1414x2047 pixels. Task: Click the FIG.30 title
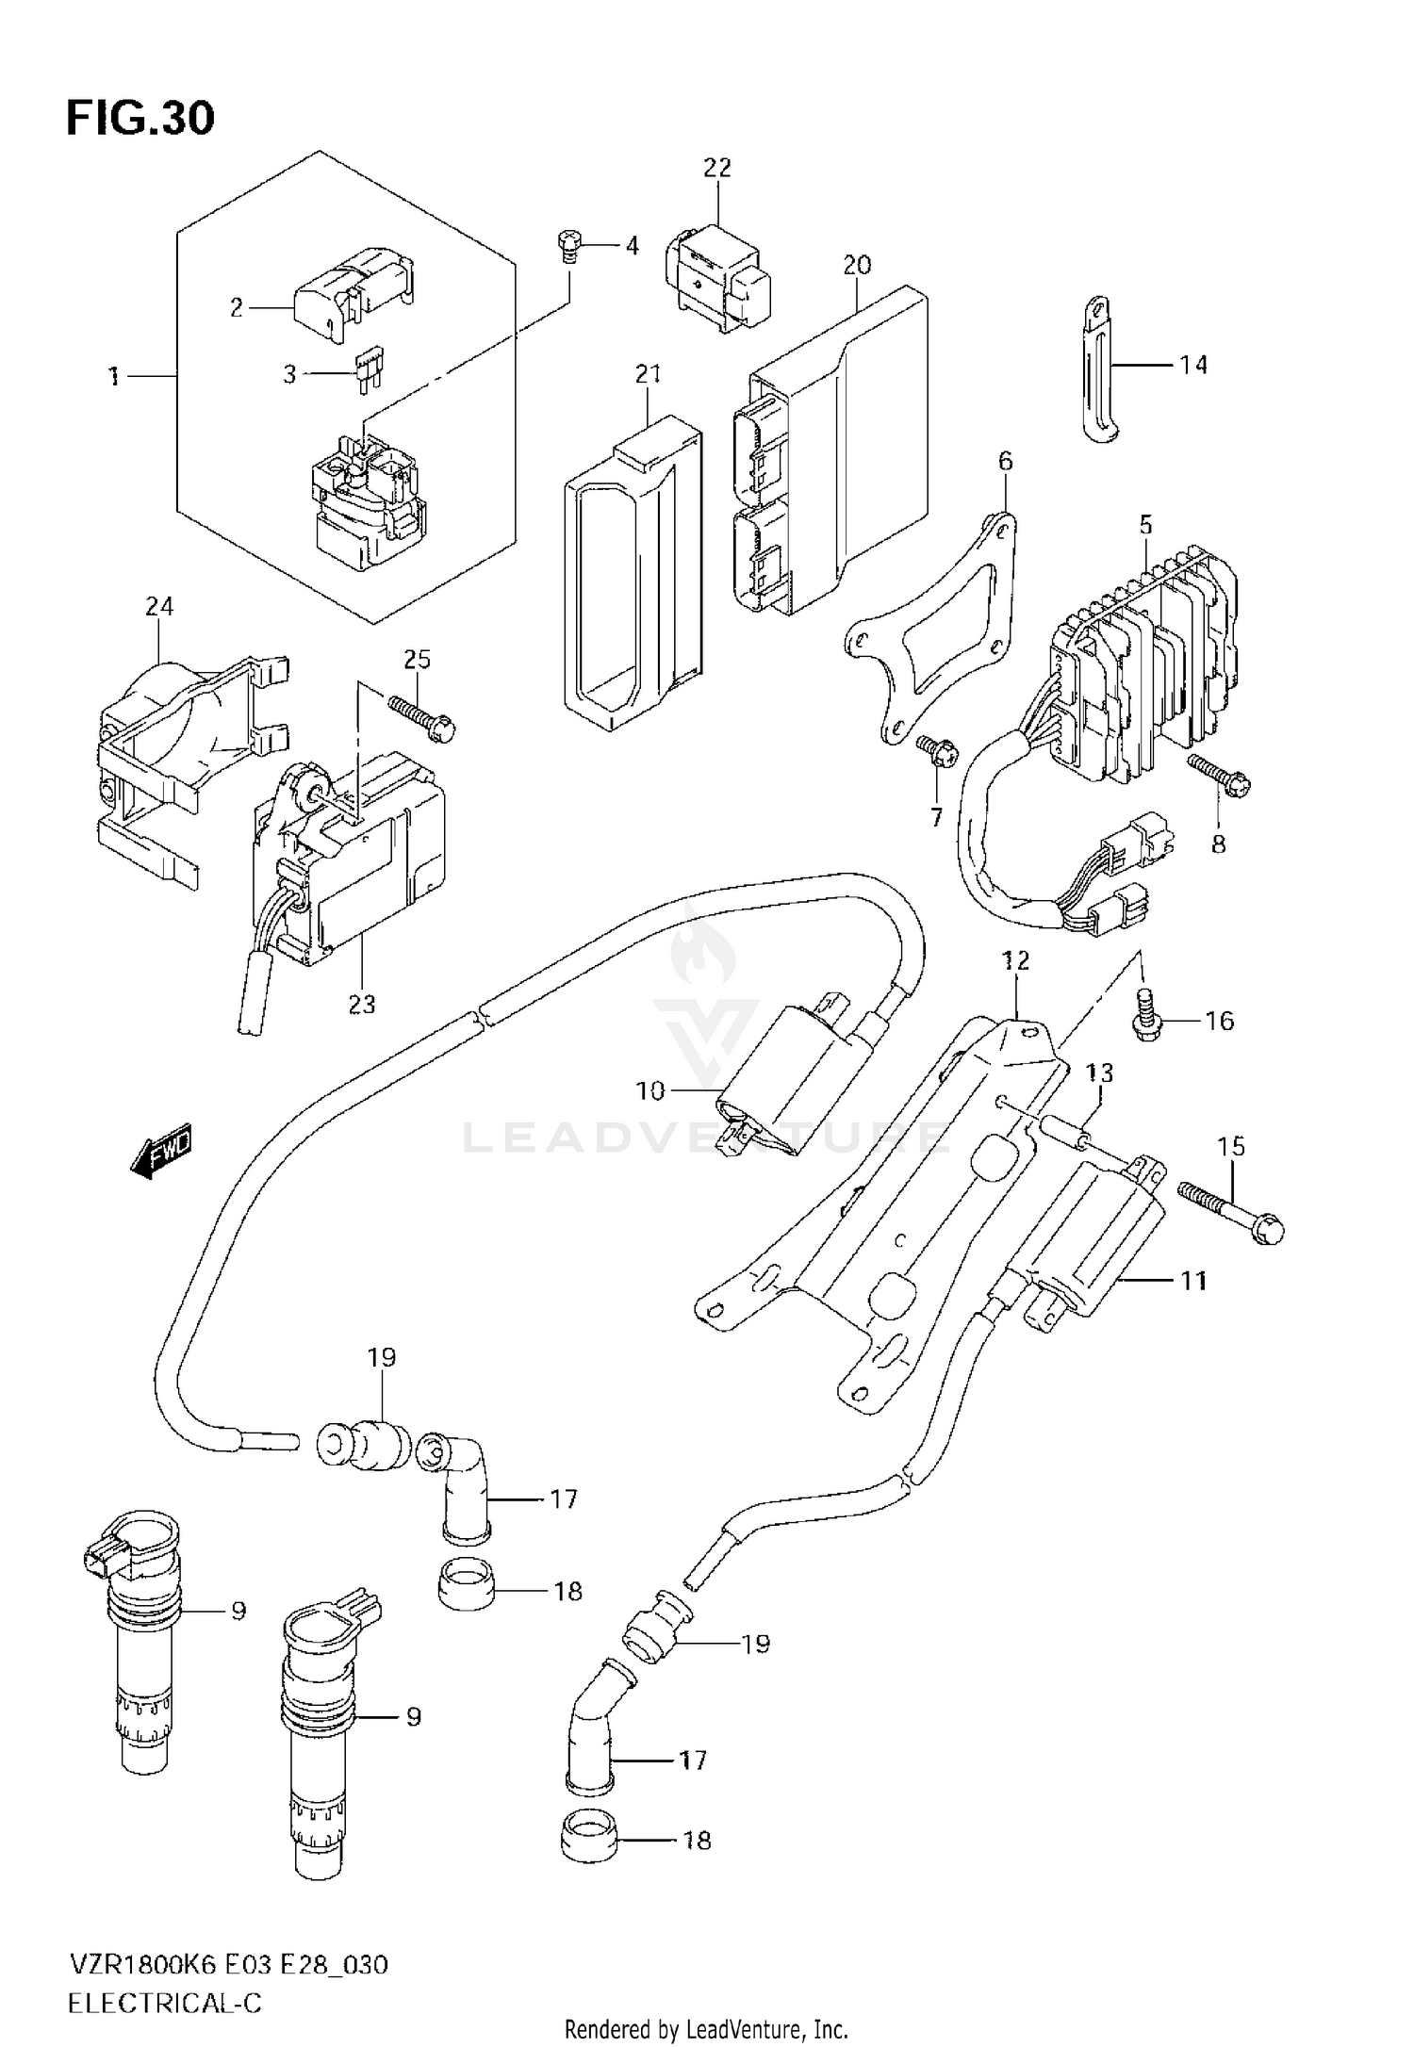pyautogui.click(x=140, y=118)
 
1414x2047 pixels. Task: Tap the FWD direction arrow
pyautogui.click(x=161, y=1149)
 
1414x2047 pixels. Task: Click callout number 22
pyautogui.click(x=717, y=168)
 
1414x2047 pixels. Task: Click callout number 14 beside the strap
pyautogui.click(x=1192, y=364)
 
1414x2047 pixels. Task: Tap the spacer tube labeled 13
pyautogui.click(x=1061, y=1132)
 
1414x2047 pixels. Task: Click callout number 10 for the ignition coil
pyautogui.click(x=650, y=1090)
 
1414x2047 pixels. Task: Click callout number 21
pyautogui.click(x=648, y=373)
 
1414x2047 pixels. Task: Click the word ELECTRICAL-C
pyautogui.click(x=164, y=2003)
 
